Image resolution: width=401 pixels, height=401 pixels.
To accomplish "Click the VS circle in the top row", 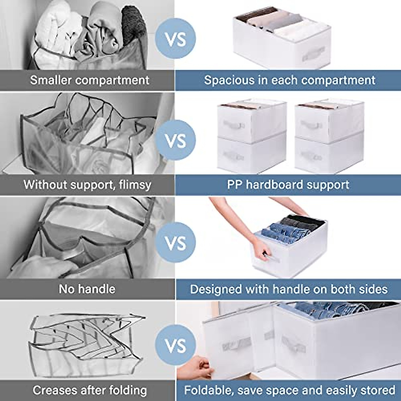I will coord(175,39).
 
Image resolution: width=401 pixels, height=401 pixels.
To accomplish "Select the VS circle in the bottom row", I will coord(175,345).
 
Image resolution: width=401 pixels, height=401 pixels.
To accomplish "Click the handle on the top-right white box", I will coord(313,53).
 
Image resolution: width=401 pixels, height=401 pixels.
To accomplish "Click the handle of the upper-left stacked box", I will coord(234,124).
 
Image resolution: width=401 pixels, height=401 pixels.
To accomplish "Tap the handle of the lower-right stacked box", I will coord(311,156).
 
